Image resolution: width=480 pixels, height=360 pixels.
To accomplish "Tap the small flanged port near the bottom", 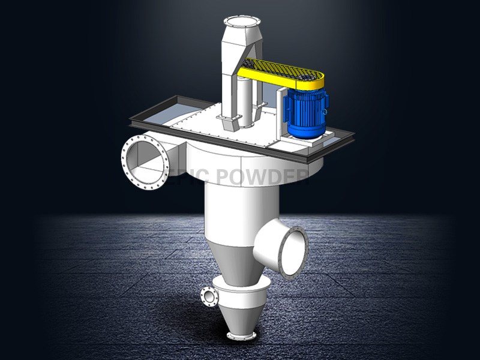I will pos(208,297).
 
